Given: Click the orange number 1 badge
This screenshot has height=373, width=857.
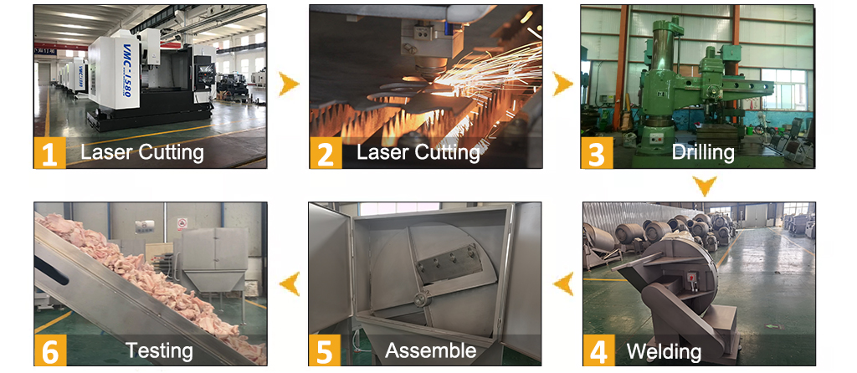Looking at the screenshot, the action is click(49, 152).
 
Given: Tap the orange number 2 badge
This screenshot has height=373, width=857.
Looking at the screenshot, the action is click(326, 152).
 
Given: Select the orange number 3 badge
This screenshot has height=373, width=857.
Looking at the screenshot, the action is click(597, 152).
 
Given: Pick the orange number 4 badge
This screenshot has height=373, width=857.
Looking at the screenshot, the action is click(599, 350).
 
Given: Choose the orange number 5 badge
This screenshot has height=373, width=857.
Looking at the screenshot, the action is click(325, 350).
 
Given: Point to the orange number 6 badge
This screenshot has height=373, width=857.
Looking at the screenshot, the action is click(50, 350).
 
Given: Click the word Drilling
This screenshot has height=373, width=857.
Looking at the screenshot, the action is click(703, 152).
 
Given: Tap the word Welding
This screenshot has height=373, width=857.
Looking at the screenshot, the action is click(664, 350).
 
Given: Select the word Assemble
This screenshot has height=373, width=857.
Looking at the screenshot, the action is click(430, 350).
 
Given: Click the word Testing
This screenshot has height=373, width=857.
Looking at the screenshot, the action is click(159, 350).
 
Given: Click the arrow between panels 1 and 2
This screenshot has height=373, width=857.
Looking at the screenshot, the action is click(289, 84).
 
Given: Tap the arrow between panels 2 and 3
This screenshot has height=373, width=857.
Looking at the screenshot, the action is click(562, 84).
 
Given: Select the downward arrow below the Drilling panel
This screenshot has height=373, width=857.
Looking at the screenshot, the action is click(705, 186).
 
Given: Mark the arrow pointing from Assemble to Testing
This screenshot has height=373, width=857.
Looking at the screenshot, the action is click(290, 284).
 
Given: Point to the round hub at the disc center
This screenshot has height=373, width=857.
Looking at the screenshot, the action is click(420, 299).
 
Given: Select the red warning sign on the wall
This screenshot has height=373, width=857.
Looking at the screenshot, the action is click(182, 224).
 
